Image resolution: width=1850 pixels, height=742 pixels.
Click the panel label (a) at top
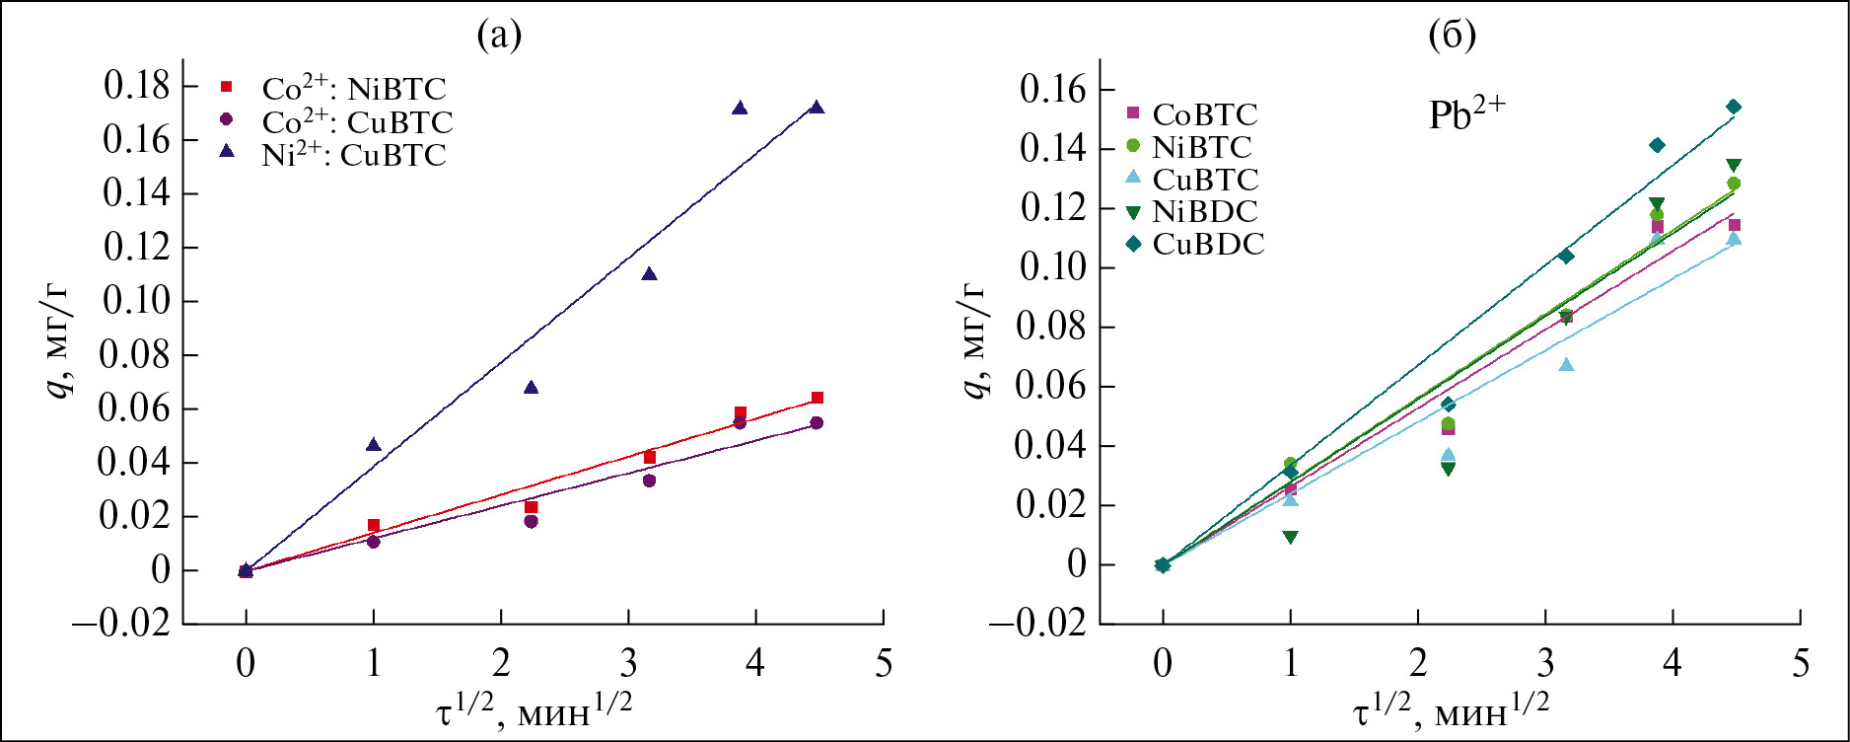point(499,36)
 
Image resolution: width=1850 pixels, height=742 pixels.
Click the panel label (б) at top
point(1452,36)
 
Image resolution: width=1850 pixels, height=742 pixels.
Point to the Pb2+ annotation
point(1466,114)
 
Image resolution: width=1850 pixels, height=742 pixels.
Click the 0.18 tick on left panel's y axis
point(137,86)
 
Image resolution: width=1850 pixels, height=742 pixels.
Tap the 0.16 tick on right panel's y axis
point(1054,90)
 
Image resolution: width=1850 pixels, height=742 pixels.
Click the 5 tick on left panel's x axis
point(884,663)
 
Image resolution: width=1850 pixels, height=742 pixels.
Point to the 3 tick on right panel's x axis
point(1545,663)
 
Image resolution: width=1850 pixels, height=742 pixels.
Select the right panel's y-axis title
point(974,340)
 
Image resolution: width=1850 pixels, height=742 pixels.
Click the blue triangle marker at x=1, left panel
point(373,445)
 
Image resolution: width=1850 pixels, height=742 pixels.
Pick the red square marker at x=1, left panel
point(373,526)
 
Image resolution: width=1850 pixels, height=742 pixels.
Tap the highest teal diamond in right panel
point(1733,107)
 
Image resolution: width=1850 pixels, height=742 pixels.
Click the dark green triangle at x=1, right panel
point(1290,538)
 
